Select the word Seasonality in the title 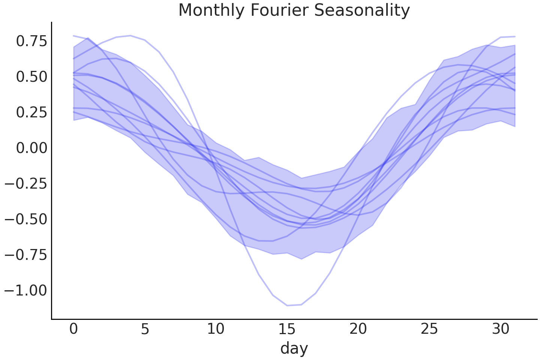(x=362, y=10)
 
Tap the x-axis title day (x=294, y=348)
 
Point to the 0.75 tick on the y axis (x=31, y=41)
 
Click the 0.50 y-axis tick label (x=31, y=76)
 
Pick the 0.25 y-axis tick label (x=31, y=112)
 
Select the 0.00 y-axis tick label (x=31, y=148)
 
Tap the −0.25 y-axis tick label (x=26, y=183)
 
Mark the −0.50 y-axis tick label (x=26, y=219)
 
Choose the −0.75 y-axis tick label (x=26, y=255)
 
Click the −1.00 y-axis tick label (x=26, y=290)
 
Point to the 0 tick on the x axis (x=73, y=329)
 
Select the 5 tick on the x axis (x=145, y=329)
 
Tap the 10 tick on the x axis (x=216, y=329)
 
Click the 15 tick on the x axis (x=287, y=329)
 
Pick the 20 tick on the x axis (x=358, y=329)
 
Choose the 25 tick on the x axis (x=429, y=329)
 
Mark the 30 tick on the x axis (x=500, y=329)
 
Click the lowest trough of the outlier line (x=287, y=305)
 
